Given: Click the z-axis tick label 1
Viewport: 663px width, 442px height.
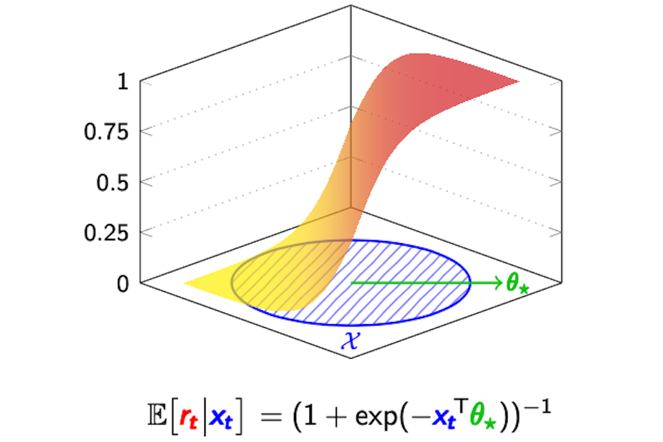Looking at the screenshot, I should (x=124, y=81).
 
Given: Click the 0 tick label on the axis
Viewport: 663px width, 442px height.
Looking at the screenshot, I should (x=124, y=284).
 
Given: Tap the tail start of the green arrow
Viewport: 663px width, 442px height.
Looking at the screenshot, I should (x=351, y=282).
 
